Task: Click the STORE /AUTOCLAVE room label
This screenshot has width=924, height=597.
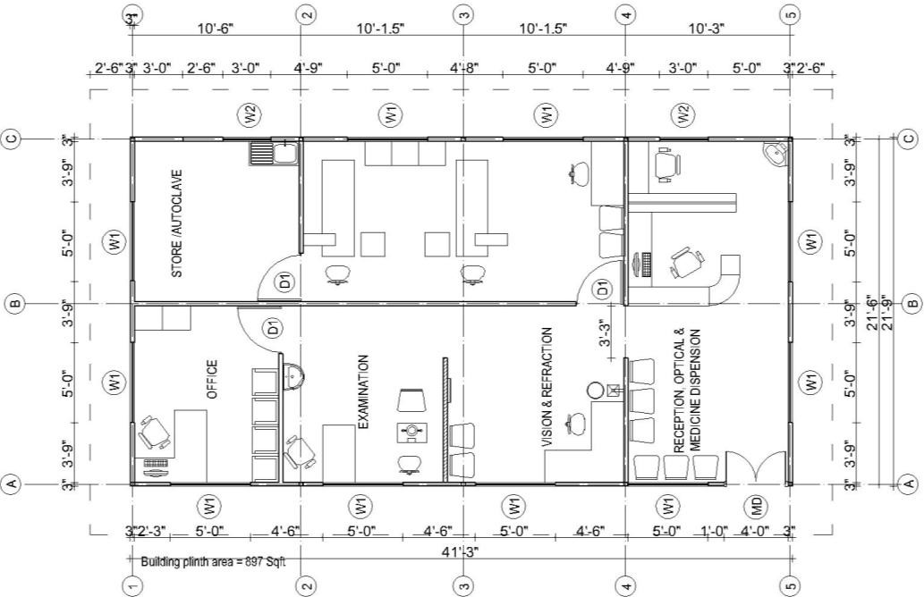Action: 176,223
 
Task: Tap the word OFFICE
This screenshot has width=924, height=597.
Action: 212,380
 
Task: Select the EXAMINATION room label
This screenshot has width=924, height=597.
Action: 363,391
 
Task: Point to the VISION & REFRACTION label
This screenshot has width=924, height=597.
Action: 547,387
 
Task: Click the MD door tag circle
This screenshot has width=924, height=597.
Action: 757,505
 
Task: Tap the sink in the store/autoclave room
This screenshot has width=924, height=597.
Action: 274,153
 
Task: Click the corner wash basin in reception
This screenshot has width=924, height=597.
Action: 777,155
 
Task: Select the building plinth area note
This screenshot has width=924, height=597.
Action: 213,561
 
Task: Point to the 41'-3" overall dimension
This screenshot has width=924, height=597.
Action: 461,551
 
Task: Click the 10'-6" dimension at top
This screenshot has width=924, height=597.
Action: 216,29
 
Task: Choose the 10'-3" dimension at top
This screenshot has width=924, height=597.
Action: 706,29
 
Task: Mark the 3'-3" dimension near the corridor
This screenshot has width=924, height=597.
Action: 602,334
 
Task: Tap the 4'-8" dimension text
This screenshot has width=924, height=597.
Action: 464,68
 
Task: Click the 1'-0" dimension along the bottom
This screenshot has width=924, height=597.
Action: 715,532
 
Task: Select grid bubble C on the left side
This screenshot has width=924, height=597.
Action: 13,139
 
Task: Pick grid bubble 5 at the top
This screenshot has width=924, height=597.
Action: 791,14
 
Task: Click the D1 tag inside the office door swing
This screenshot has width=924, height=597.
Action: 274,327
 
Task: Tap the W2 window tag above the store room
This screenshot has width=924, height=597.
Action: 250,114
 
